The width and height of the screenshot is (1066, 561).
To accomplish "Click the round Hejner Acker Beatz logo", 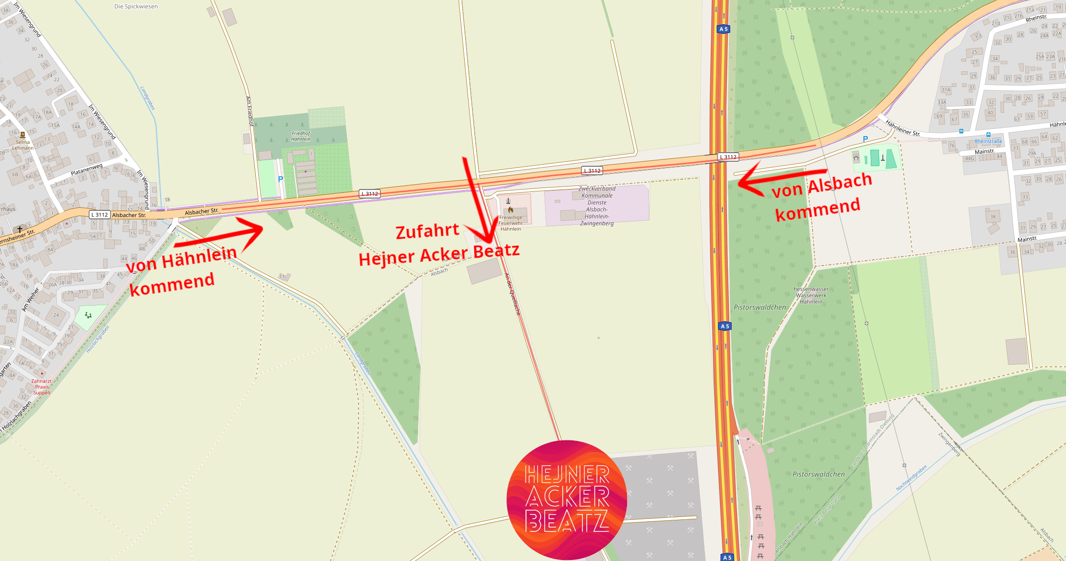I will [x=566, y=499].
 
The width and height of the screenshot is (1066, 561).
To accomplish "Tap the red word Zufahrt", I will [x=427, y=231].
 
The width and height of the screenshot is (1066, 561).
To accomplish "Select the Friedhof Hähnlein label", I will [x=301, y=136].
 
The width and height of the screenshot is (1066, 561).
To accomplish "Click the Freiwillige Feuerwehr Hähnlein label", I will [x=511, y=223].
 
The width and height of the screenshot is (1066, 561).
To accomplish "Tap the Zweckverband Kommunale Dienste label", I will [x=597, y=206].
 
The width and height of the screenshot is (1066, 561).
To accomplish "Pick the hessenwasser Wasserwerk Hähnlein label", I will [x=811, y=296].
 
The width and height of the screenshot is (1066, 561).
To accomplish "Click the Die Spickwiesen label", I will [x=136, y=7].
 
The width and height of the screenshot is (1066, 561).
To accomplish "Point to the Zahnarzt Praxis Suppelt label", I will [x=42, y=387].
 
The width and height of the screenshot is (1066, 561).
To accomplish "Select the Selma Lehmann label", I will [x=23, y=145].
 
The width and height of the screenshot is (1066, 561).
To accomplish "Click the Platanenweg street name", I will [x=87, y=170].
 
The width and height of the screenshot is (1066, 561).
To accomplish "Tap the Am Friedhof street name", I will [x=250, y=111].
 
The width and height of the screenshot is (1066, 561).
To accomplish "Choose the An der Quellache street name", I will [x=513, y=295].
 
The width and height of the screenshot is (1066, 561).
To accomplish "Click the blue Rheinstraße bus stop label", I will [x=988, y=141].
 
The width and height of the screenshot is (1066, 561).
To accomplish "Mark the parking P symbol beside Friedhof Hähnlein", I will [x=281, y=180].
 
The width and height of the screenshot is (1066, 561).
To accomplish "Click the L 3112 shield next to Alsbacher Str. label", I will [x=100, y=215].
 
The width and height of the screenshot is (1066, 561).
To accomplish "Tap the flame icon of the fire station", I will [x=510, y=210].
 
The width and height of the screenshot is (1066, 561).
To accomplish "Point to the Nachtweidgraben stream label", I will [x=911, y=478].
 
